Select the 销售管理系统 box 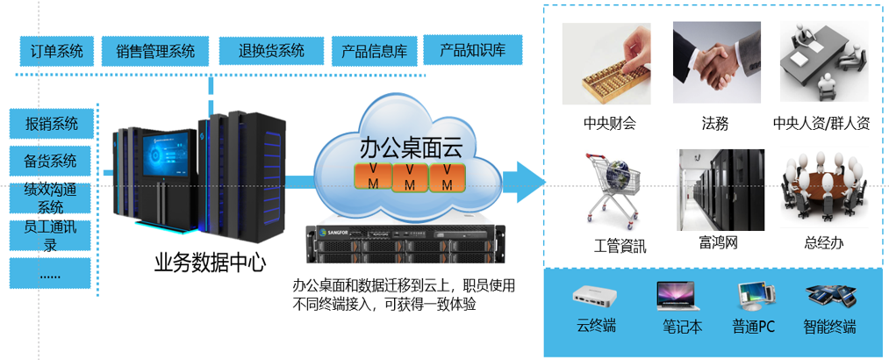click(x=155, y=52)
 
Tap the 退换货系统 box click(x=271, y=51)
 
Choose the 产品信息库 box click(x=374, y=52)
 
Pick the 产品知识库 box click(x=472, y=51)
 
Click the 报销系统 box click(x=51, y=123)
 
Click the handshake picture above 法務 click(x=714, y=65)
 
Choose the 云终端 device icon click(x=597, y=296)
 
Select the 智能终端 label click(x=829, y=328)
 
